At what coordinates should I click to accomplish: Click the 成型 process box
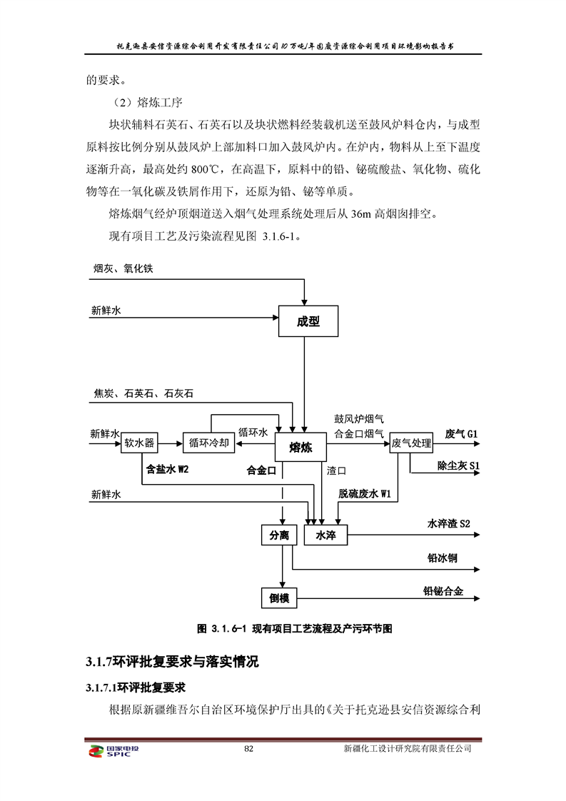(308, 321)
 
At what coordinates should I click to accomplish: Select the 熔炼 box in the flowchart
(300, 448)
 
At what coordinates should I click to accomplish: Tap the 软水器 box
(139, 443)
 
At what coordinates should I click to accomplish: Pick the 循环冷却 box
(208, 443)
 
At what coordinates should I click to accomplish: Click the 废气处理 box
(412, 443)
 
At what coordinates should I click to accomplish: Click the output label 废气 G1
(461, 433)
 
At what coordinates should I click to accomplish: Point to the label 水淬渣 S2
(448, 524)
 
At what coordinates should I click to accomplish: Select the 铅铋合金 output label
(443, 591)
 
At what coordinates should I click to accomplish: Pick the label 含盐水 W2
(167, 469)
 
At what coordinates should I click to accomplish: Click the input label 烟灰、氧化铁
(123, 268)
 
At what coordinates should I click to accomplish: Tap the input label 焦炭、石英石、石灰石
(143, 393)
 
